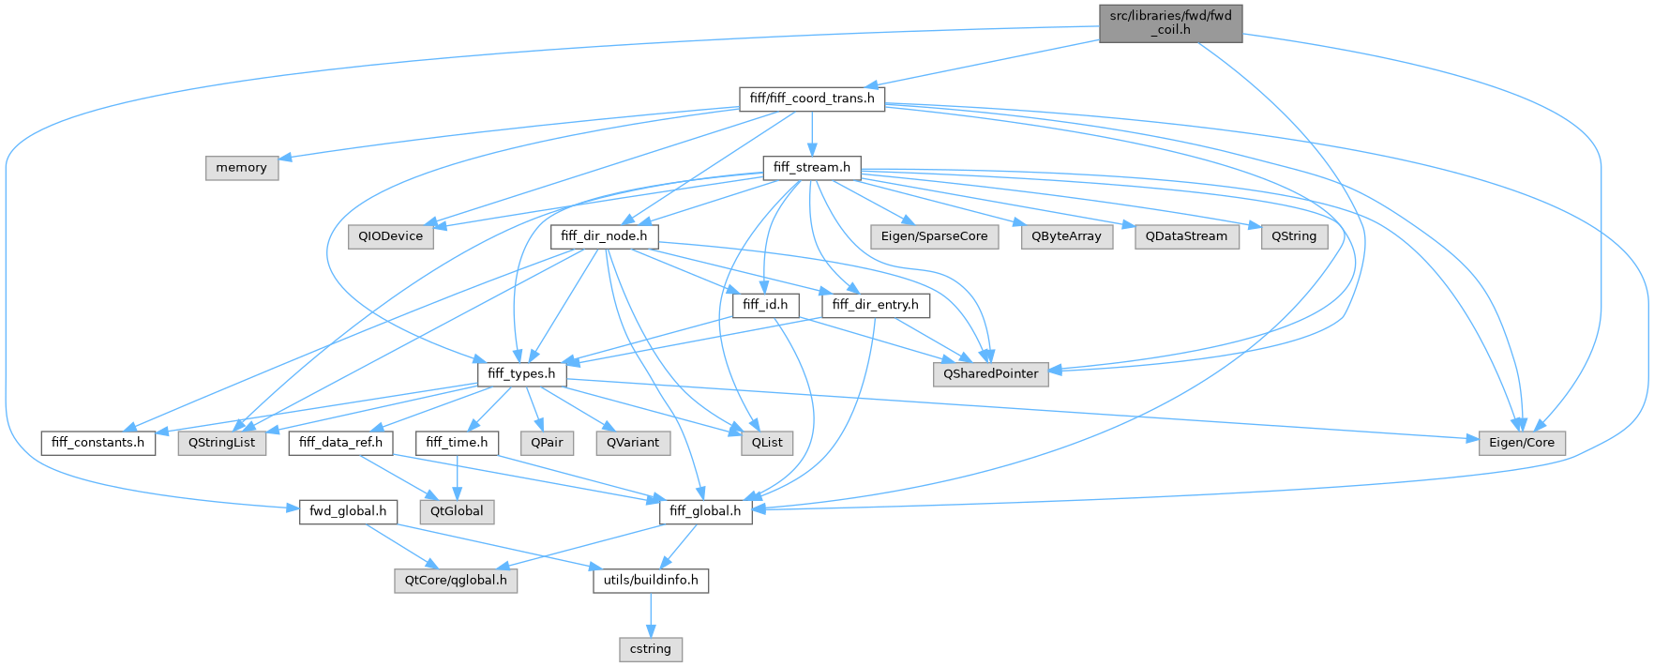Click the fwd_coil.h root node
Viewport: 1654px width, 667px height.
[x=1170, y=23]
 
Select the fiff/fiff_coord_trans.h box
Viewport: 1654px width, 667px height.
[x=812, y=99]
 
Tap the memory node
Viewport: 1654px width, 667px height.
[x=242, y=168]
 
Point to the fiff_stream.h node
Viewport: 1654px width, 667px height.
[x=812, y=168]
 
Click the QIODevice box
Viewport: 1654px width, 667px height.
[x=391, y=236]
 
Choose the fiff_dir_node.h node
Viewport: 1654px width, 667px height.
[x=604, y=236]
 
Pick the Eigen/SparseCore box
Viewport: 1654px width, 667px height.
[x=934, y=236]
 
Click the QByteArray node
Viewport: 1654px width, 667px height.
[x=1066, y=236]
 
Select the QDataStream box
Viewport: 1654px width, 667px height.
[x=1186, y=236]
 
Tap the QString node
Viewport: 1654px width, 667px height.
[x=1294, y=236]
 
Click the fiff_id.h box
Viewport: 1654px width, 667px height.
[x=765, y=305]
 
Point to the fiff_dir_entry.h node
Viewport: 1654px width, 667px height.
[x=876, y=305]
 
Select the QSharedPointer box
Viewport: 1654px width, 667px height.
[x=991, y=373]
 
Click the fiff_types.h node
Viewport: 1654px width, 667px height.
[x=522, y=373]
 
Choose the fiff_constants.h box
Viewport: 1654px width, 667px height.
[x=98, y=443]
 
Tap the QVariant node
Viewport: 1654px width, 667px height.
[x=633, y=443]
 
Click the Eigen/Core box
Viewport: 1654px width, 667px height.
[x=1521, y=443]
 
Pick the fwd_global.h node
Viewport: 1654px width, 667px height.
[x=348, y=511]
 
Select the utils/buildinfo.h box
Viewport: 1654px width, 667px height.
[x=651, y=581]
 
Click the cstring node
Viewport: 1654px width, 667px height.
[x=651, y=649]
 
